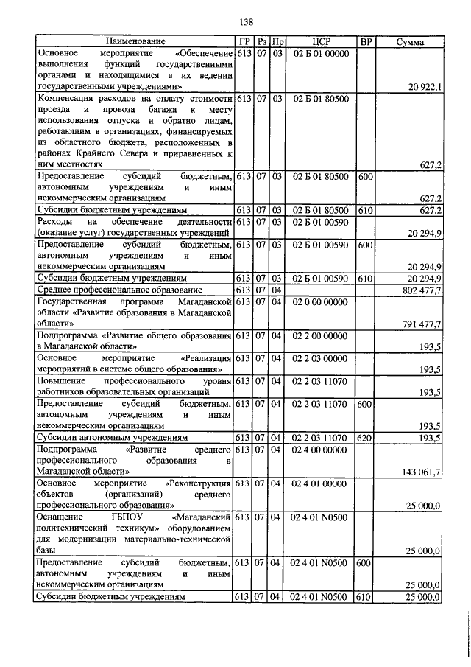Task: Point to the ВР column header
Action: (365, 42)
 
